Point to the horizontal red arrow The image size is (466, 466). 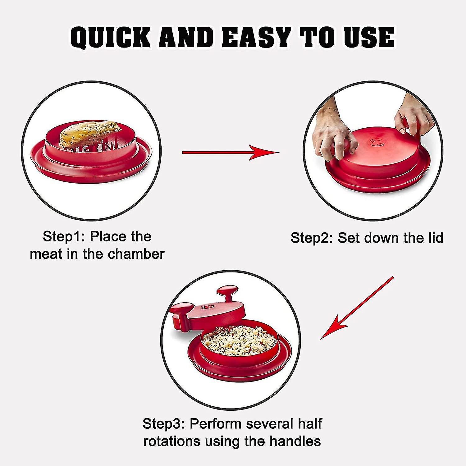click(x=230, y=152)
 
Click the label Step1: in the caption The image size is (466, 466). click(x=64, y=237)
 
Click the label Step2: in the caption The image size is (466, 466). click(x=312, y=238)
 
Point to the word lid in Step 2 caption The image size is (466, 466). click(x=435, y=238)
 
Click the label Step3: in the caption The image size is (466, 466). click(x=163, y=424)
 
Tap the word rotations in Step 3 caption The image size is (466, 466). click(x=171, y=441)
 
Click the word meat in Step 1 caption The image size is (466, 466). click(x=46, y=254)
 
